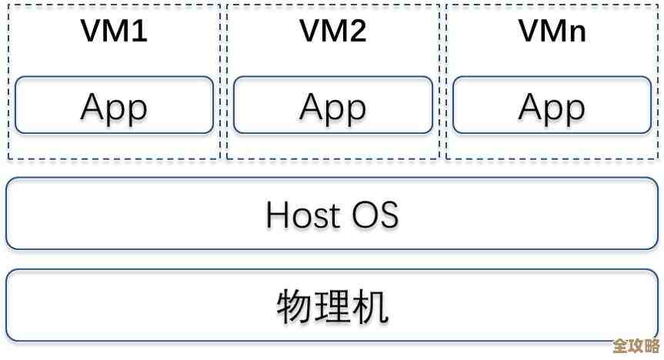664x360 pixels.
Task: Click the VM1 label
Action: (x=113, y=32)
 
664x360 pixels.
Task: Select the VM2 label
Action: (x=332, y=32)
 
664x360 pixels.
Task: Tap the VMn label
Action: (x=552, y=32)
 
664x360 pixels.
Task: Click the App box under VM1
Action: (x=113, y=105)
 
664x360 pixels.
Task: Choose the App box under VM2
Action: (x=332, y=105)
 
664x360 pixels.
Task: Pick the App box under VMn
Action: (x=552, y=105)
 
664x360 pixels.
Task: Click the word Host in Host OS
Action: (x=302, y=214)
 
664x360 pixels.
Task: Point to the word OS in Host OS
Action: (x=375, y=214)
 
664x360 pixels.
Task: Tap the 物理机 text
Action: (x=332, y=306)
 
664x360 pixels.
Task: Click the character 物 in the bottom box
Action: (x=294, y=306)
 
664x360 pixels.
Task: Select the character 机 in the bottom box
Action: (x=371, y=306)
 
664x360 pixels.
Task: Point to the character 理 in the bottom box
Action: (x=332, y=306)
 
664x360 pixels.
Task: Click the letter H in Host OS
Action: (x=277, y=214)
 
